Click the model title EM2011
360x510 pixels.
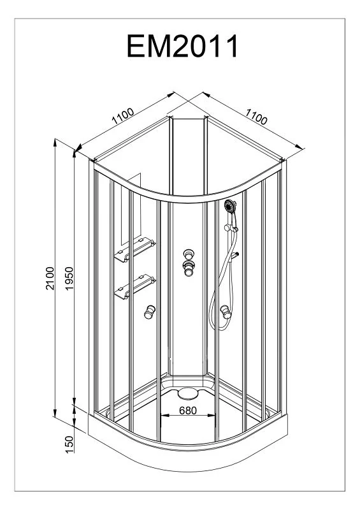182,46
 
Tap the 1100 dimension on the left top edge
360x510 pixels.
122,116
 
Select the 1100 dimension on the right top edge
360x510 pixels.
256,117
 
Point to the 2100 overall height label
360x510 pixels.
50,278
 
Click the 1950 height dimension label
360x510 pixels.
69,279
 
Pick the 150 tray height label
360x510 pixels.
69,444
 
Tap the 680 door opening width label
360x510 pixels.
188,411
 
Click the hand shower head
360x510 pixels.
230,206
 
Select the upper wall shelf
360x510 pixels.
134,250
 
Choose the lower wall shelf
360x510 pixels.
134,287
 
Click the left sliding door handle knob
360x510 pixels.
150,312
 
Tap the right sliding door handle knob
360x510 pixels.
226,312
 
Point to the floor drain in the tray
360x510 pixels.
188,393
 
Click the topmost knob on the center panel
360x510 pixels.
189,254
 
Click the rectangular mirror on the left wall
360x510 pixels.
131,209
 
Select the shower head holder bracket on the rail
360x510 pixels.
231,228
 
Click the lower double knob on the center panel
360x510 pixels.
189,268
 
